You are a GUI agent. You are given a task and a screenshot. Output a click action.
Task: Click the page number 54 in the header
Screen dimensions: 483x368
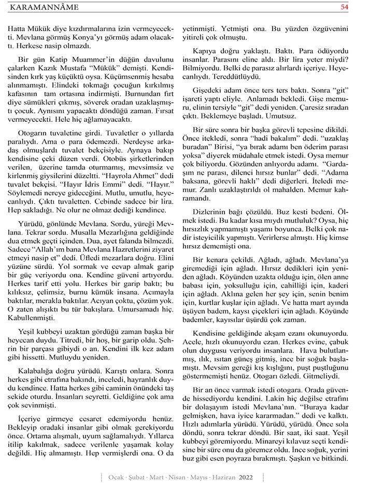[x=344, y=7]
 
